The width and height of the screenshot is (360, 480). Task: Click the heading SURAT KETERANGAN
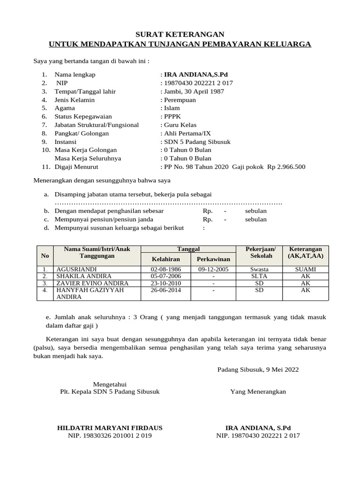pyautogui.click(x=180, y=34)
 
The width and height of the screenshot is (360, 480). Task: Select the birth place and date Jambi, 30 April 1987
pyautogui.click(x=194, y=91)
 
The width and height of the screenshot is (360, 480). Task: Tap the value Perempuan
pyautogui.click(x=180, y=100)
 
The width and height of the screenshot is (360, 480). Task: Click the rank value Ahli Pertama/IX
pyautogui.click(x=187, y=133)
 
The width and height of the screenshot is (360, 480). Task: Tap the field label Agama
pyautogui.click(x=65, y=108)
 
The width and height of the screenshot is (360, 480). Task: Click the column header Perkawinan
pyautogui.click(x=213, y=259)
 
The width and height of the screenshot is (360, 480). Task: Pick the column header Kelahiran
pyautogui.click(x=166, y=259)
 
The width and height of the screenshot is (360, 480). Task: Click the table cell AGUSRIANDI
pyautogui.click(x=76, y=270)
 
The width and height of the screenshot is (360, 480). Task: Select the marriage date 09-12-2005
pyautogui.click(x=213, y=270)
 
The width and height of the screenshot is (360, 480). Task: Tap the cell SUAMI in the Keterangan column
pyautogui.click(x=305, y=270)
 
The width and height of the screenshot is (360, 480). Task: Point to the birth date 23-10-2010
pyautogui.click(x=166, y=283)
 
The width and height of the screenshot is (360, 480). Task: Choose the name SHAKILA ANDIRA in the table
pyautogui.click(x=83, y=277)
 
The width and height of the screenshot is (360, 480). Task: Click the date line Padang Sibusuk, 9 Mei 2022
pyautogui.click(x=258, y=369)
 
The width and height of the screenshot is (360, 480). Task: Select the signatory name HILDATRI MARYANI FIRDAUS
pyautogui.click(x=110, y=427)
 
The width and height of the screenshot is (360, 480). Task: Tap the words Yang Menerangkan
pyautogui.click(x=258, y=391)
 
